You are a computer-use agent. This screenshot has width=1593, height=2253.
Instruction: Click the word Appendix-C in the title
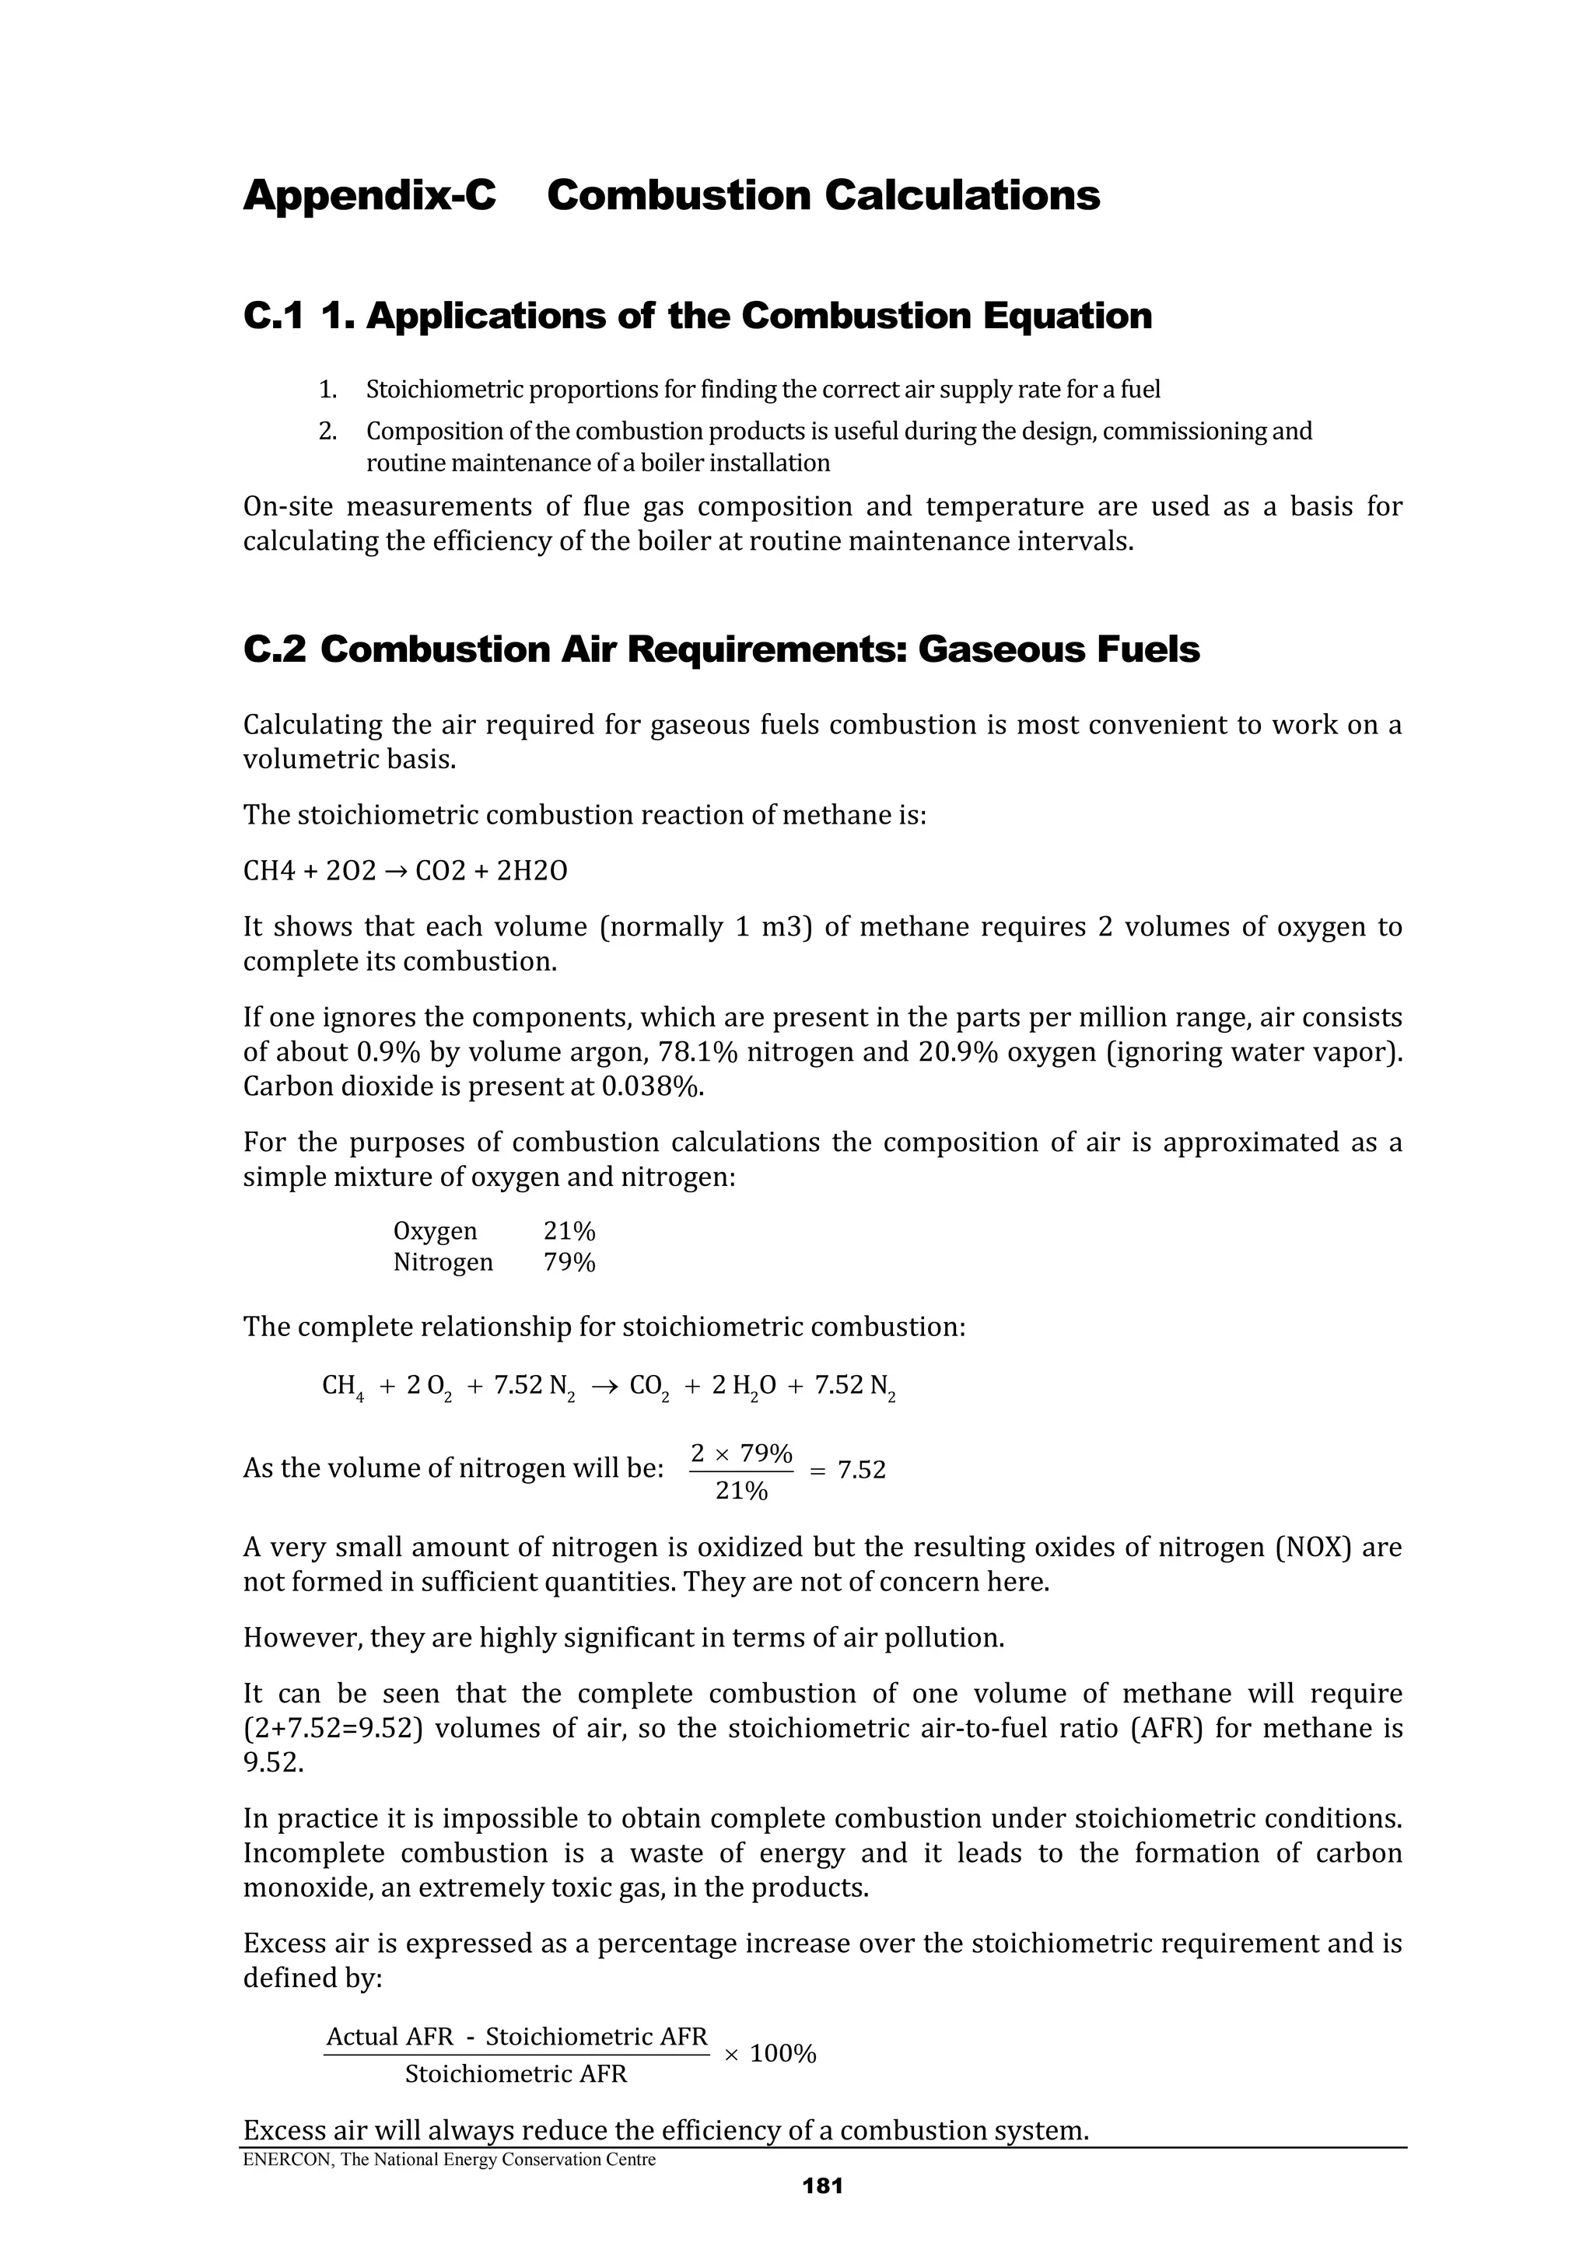(369, 195)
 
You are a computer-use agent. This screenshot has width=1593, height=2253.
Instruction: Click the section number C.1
(274, 316)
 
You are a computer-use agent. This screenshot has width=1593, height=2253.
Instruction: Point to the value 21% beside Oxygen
(569, 1232)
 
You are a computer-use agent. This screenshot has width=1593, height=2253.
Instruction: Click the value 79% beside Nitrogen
(569, 1263)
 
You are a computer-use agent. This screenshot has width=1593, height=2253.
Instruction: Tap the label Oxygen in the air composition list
(435, 1232)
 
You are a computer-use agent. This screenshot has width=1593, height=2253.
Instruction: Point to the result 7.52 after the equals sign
(861, 1470)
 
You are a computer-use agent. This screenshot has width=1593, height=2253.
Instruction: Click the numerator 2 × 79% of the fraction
(741, 1452)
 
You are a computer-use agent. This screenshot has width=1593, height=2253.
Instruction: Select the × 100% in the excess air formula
(771, 2054)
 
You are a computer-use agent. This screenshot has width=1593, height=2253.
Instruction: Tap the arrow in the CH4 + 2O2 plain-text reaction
(396, 871)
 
